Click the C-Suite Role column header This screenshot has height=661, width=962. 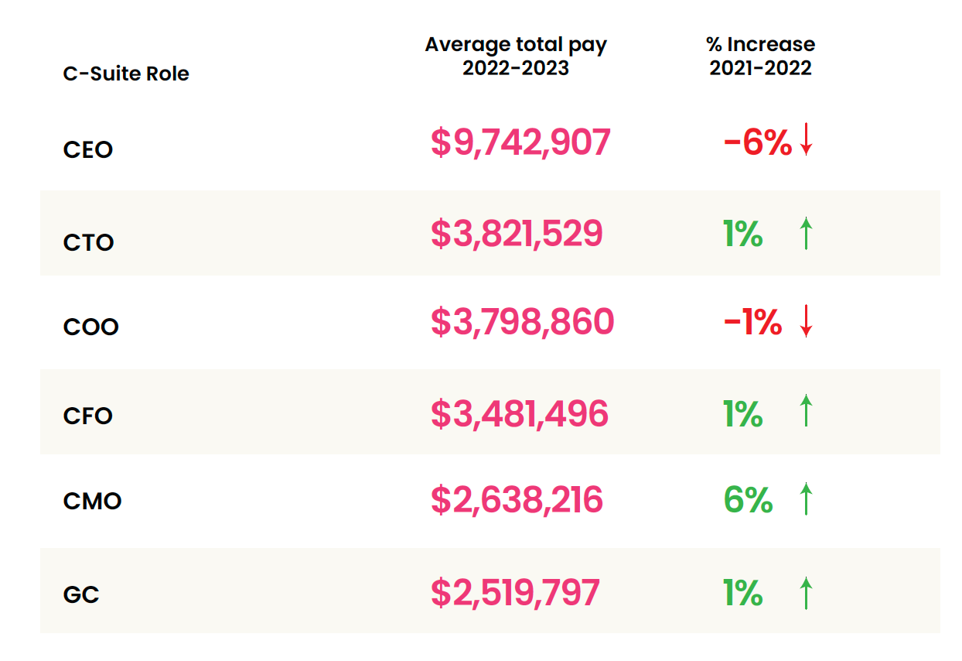click(126, 74)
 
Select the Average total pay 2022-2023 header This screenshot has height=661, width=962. click(516, 57)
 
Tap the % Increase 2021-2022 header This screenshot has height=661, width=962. click(761, 57)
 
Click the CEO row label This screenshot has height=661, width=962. click(88, 150)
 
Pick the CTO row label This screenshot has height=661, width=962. click(88, 242)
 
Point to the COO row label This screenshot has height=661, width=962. click(91, 327)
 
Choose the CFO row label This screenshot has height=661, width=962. click(88, 416)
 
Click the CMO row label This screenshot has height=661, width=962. click(92, 501)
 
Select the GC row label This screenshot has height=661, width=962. click(81, 594)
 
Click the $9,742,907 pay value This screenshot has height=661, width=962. click(520, 142)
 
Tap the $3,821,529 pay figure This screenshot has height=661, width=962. click(517, 234)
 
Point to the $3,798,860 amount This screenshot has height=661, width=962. click(522, 321)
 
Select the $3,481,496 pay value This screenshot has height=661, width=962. click(520, 414)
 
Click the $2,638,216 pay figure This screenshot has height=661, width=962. click(517, 500)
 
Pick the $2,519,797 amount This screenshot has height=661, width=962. click(515, 593)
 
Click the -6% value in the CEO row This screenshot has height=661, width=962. click(758, 142)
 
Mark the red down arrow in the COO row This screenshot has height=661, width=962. click(806, 321)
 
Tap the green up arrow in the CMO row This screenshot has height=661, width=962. click(806, 498)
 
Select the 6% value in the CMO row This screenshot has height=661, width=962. click(748, 500)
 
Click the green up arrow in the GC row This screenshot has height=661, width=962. click(806, 593)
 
